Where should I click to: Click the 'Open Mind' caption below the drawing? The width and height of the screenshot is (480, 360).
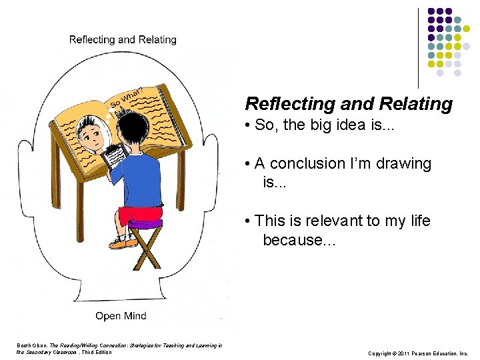(x=121, y=315)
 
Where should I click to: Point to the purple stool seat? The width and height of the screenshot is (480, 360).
(x=145, y=225)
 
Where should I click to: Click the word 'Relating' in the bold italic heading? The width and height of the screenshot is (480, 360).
(x=415, y=104)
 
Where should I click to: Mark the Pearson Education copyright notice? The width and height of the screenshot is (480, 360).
(x=417, y=353)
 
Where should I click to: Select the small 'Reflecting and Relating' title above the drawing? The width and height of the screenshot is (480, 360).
(x=123, y=40)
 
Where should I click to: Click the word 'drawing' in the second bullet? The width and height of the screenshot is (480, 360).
(x=404, y=163)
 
